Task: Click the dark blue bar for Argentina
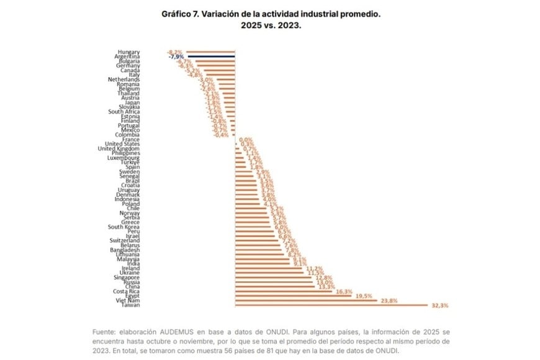(x=211, y=56)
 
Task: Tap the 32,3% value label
(x=439, y=305)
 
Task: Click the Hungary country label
(x=128, y=52)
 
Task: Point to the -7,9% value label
(x=177, y=56)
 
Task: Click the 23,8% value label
(x=389, y=300)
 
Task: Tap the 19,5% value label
(x=364, y=296)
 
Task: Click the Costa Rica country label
(x=126, y=291)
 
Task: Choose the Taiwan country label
(x=129, y=305)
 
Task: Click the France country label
(x=131, y=140)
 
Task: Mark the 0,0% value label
(x=246, y=140)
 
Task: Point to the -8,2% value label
(x=175, y=52)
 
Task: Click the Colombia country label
(x=128, y=135)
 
